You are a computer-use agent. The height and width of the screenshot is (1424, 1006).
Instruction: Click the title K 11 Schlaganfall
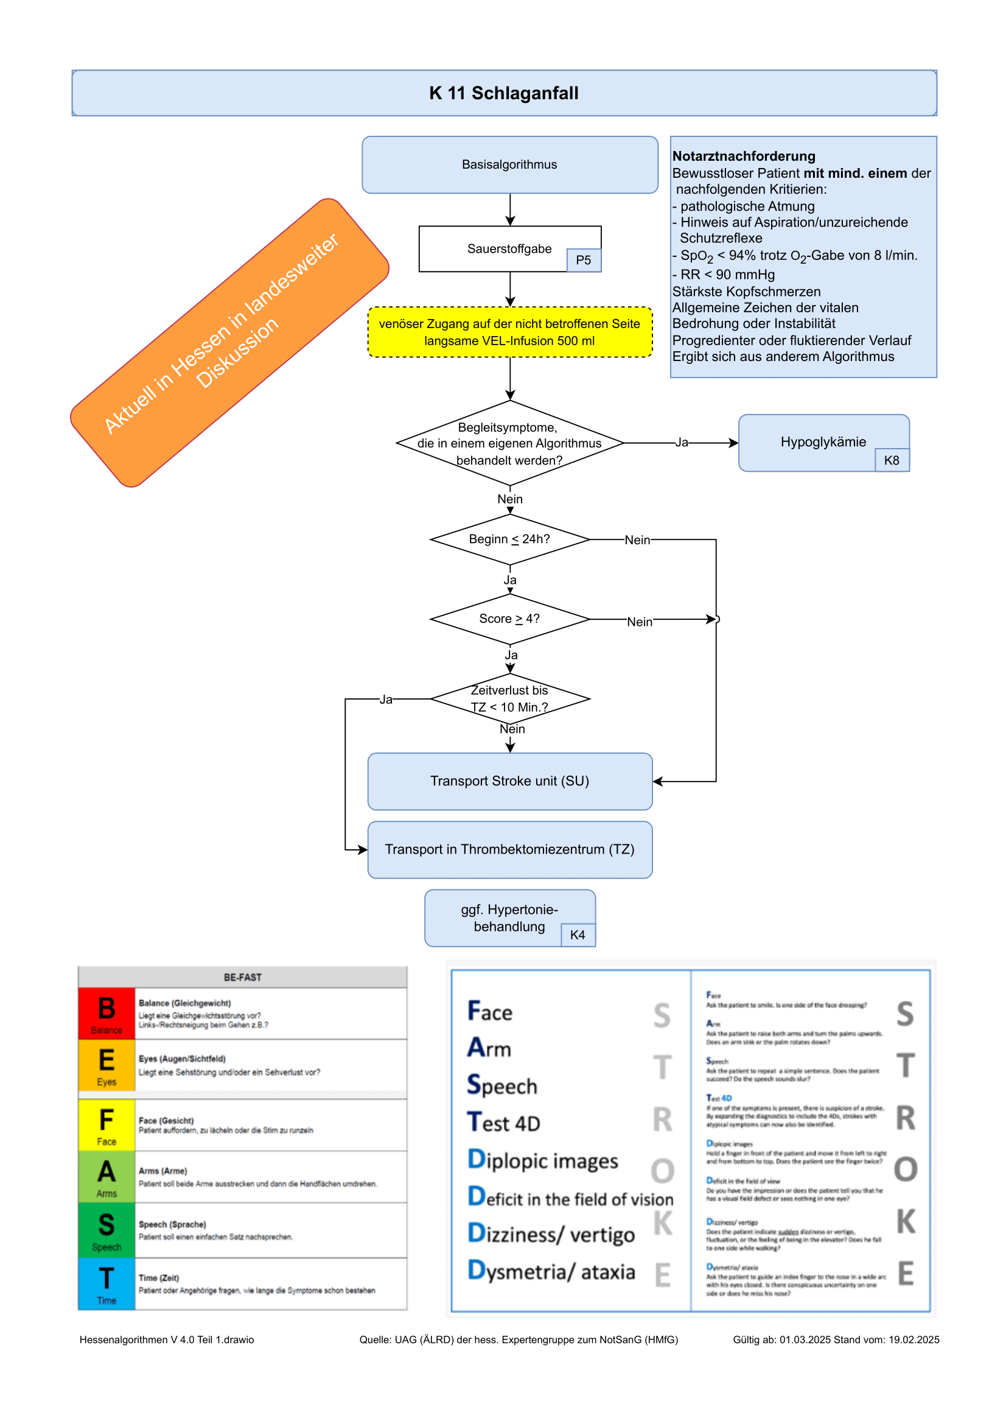click(x=503, y=93)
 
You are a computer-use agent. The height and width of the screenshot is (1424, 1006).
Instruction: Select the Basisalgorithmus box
click(x=509, y=164)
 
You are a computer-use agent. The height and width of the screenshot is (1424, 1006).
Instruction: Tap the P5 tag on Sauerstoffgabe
click(x=583, y=261)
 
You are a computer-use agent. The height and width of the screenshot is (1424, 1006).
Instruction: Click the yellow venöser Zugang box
click(x=509, y=332)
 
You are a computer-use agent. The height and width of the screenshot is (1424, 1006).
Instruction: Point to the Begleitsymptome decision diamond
click(x=509, y=443)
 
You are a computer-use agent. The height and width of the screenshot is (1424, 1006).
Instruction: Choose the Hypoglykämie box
click(x=823, y=441)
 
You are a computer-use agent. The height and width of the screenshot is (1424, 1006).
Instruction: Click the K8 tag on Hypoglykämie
click(x=892, y=460)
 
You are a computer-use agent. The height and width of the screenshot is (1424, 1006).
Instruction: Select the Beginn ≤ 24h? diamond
click(x=509, y=539)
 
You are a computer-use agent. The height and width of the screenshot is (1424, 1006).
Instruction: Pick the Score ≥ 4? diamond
click(x=509, y=619)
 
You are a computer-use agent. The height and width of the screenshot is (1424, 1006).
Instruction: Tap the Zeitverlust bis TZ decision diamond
click(x=509, y=699)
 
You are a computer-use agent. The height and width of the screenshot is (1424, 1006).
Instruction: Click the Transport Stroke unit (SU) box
click(x=509, y=781)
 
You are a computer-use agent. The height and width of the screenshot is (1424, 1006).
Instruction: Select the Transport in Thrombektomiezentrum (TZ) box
click(x=509, y=849)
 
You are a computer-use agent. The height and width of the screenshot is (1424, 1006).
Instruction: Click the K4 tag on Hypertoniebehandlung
click(x=577, y=935)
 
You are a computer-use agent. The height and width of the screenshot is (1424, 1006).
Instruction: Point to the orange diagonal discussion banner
click(x=229, y=342)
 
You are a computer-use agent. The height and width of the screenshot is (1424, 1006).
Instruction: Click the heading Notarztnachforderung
click(x=744, y=156)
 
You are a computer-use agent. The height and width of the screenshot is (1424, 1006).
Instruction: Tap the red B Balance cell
click(x=107, y=1014)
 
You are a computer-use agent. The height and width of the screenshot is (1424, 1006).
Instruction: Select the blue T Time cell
click(x=107, y=1283)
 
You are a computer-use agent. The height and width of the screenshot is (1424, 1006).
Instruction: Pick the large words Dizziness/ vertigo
click(x=551, y=1234)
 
